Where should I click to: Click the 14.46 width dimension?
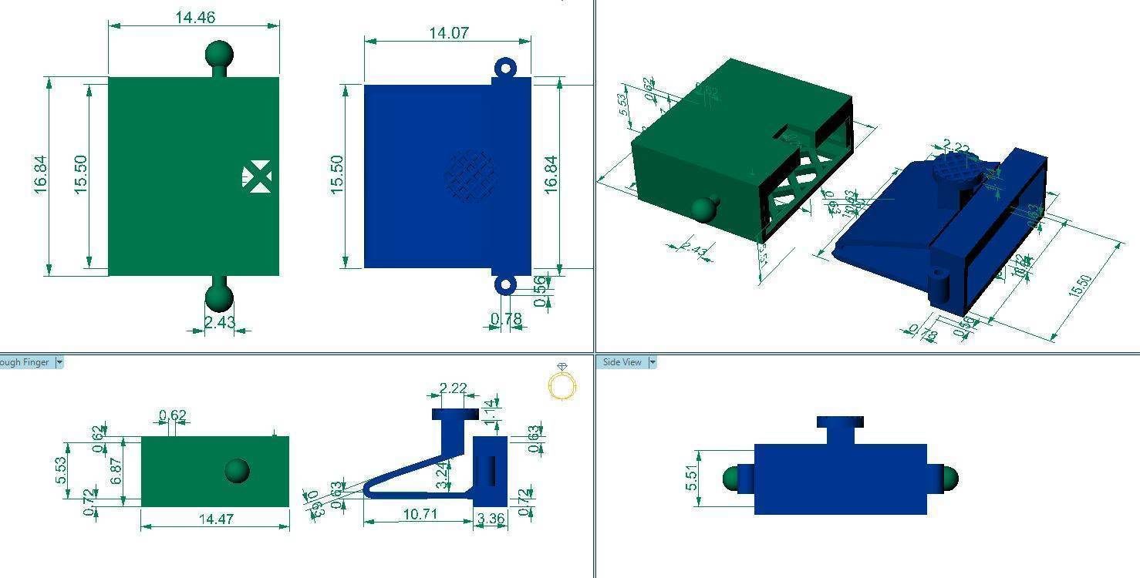click(195, 17)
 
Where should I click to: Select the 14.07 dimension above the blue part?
click(448, 33)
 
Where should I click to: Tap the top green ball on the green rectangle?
click(220, 55)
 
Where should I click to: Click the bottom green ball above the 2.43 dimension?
click(219, 297)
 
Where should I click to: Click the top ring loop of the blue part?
click(505, 69)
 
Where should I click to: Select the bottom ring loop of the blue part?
click(505, 285)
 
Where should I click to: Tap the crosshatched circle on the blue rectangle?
click(471, 176)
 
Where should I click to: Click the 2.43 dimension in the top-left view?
click(220, 322)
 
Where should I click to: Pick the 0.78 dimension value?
click(506, 318)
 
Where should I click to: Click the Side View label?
click(622, 362)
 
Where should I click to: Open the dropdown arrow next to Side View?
click(653, 362)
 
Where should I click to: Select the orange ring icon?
click(562, 384)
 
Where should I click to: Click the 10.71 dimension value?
click(420, 513)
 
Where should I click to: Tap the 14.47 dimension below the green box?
click(216, 519)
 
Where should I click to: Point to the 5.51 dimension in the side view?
click(691, 478)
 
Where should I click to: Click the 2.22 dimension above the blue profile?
click(452, 388)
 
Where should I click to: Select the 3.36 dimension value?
click(491, 519)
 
